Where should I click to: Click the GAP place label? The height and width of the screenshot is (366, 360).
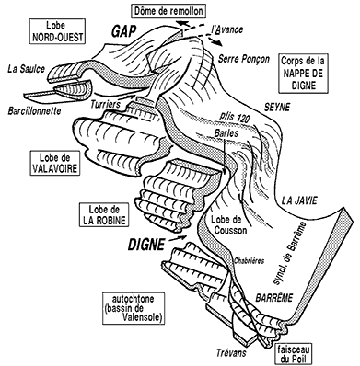(x=124, y=31)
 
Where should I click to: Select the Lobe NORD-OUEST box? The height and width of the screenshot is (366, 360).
(x=57, y=31)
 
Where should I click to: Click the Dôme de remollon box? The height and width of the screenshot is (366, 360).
(x=168, y=11)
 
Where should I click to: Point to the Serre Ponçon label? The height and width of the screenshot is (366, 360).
(x=244, y=59)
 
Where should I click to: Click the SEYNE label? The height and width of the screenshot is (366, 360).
(x=277, y=107)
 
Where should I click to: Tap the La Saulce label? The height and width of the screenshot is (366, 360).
(x=26, y=69)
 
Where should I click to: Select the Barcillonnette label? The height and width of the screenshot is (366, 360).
(x=34, y=110)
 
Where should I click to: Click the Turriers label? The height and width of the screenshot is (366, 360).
(x=105, y=105)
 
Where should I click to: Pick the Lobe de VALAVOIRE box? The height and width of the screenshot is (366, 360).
(x=55, y=163)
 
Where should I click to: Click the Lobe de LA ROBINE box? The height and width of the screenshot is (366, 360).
(x=104, y=214)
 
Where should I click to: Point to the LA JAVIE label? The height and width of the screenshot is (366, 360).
(x=299, y=200)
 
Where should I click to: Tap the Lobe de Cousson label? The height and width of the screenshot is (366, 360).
(x=229, y=224)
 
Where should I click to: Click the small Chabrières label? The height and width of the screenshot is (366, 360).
(x=249, y=261)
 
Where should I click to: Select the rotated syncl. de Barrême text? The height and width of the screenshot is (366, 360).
(x=290, y=253)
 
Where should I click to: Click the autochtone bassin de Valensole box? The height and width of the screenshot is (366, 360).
(x=133, y=308)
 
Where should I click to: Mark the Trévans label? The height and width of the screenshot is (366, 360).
(x=231, y=352)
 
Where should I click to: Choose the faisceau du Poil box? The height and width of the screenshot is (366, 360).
(x=292, y=354)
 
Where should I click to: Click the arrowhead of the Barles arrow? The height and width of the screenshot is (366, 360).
(x=226, y=172)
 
